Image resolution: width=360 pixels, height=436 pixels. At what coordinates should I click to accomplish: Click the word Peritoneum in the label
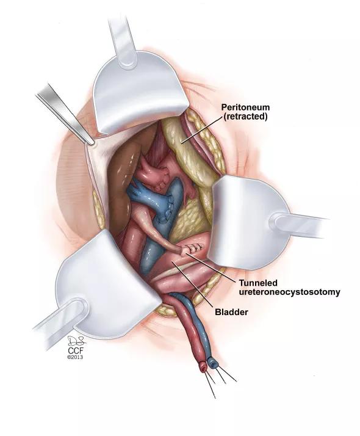point(245,107)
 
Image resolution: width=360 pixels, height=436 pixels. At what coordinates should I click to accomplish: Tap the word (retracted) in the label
point(245,117)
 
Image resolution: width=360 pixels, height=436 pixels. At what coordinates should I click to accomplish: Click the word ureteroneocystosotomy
point(290,292)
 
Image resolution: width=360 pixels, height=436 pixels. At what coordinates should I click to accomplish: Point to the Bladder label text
point(231,312)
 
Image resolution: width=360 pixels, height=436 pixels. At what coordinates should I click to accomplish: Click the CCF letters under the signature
point(76,351)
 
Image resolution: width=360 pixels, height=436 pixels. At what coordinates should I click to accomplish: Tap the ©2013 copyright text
point(75,357)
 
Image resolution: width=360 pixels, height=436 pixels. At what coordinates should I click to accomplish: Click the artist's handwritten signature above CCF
point(76,341)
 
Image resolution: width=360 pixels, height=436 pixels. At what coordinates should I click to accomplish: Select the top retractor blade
point(140,92)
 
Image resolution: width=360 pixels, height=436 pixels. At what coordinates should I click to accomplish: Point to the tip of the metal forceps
point(91,143)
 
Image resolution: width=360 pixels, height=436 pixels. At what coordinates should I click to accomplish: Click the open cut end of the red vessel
point(203,368)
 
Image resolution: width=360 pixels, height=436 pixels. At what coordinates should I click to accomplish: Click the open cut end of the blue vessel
point(214,363)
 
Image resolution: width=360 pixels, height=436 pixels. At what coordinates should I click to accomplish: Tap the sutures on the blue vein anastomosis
point(165,211)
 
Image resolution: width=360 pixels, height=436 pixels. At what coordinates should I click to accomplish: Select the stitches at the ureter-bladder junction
point(195,246)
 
